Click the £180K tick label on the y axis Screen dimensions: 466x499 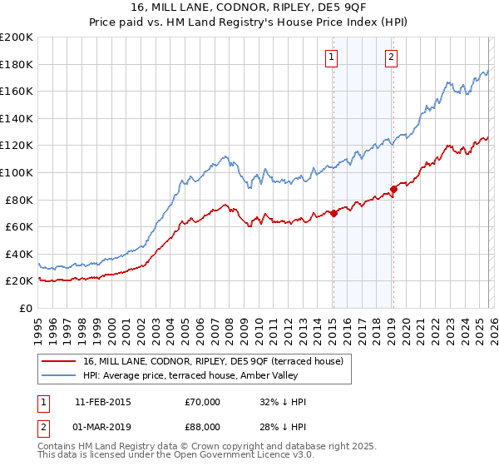[17, 64]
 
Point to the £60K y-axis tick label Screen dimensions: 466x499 [19, 226]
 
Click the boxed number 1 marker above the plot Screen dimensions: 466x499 [332, 57]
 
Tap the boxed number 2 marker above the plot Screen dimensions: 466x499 [391, 57]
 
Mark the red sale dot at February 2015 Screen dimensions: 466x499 [333, 213]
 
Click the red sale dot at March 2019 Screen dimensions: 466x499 [393, 189]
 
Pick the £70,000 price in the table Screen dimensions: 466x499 [202, 402]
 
